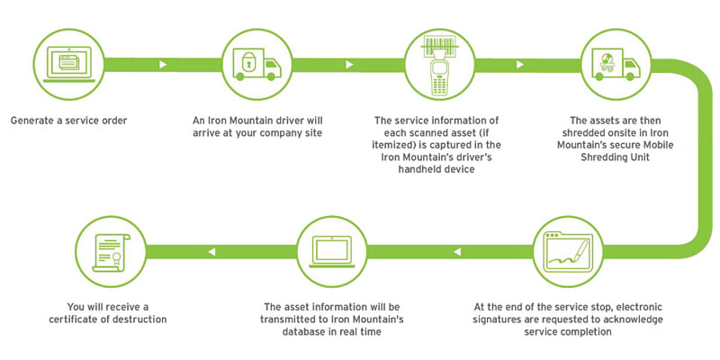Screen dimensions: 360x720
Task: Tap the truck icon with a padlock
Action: (x=249, y=65)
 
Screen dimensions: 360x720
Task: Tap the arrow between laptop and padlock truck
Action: (x=162, y=65)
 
